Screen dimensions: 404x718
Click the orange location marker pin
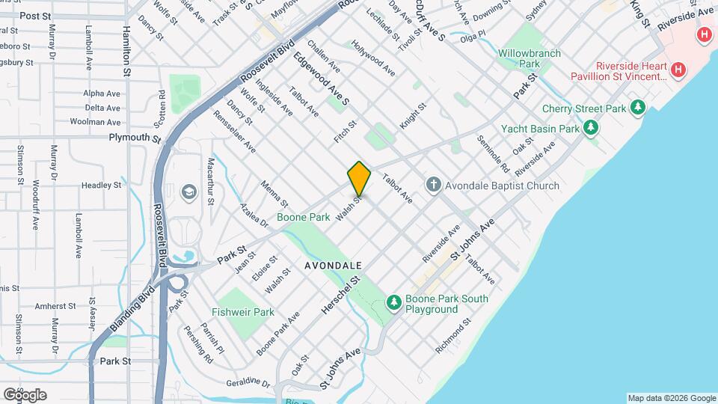pos(360,178)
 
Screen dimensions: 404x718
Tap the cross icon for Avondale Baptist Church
pos(433,185)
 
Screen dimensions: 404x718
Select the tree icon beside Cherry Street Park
pos(638,108)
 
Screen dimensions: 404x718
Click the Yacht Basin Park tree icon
pos(592,129)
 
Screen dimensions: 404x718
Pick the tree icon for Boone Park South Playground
pos(393,302)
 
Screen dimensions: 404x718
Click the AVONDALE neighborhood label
pos(334,266)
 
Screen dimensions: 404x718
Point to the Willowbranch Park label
pos(530,59)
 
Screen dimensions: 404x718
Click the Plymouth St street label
pos(135,138)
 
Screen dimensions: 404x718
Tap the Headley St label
pos(101,185)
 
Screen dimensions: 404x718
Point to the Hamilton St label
pos(127,52)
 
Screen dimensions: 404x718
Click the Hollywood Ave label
pos(373,60)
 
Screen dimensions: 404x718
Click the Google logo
pos(25,394)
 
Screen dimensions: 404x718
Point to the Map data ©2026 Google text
pos(671,398)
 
